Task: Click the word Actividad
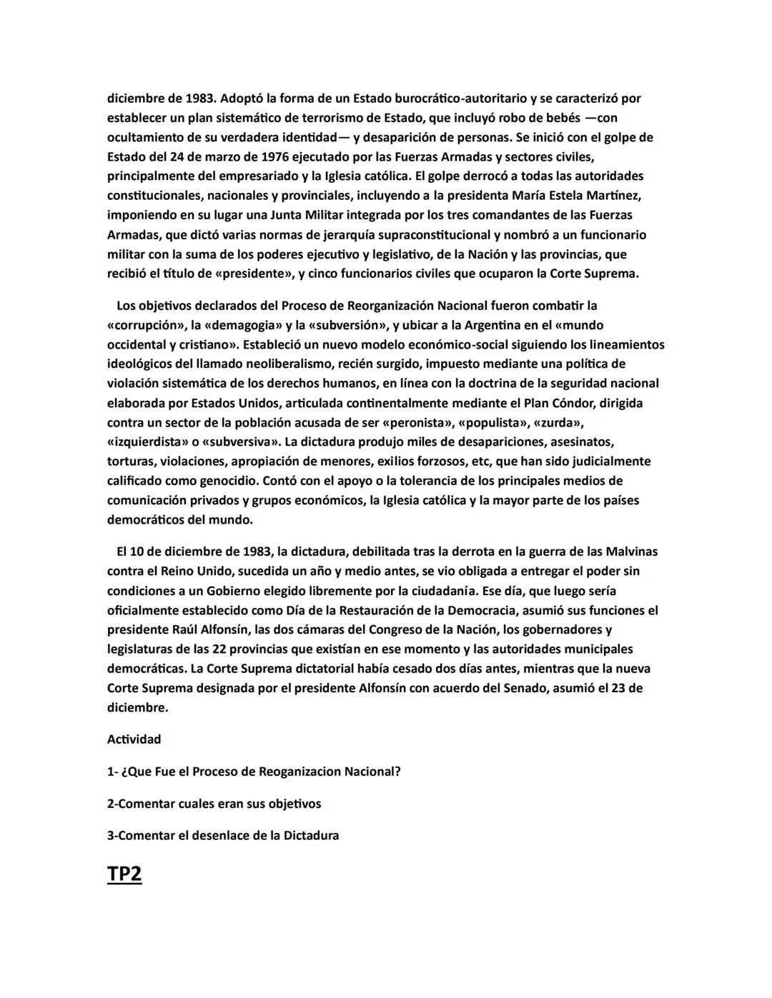pos(134,739)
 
